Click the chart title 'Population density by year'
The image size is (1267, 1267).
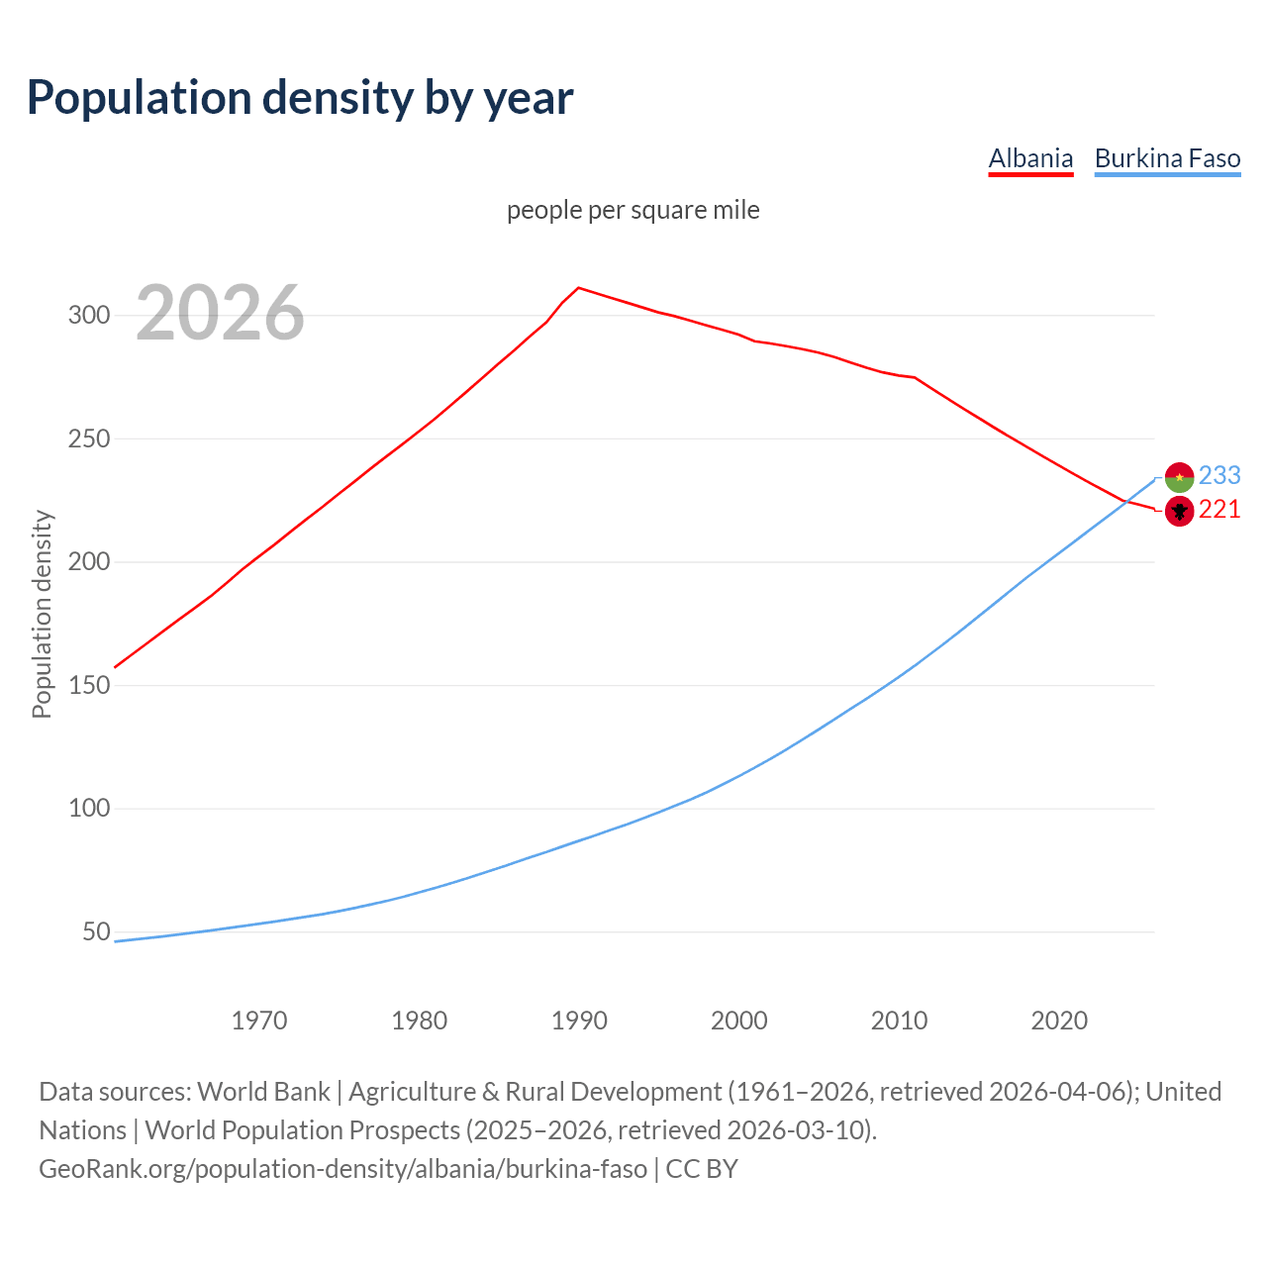click(x=300, y=97)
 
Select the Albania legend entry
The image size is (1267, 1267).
click(x=1030, y=158)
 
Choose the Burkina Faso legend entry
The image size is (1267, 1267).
click(x=1167, y=158)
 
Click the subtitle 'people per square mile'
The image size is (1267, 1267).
click(x=633, y=210)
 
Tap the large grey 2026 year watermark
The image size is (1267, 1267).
click(x=220, y=313)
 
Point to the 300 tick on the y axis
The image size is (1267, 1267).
click(x=88, y=316)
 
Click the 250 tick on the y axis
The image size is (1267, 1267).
click(x=88, y=439)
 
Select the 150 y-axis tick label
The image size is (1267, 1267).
click(x=88, y=685)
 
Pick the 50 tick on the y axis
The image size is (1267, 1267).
click(x=96, y=931)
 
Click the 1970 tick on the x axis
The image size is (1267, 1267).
click(x=259, y=1020)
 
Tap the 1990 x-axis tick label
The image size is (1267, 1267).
click(x=579, y=1020)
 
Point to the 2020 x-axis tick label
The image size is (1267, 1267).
click(x=1059, y=1020)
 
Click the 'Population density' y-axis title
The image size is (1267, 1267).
click(x=42, y=614)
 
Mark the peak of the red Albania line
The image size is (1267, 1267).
click(x=579, y=288)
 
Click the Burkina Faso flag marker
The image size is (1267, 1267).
click(x=1179, y=477)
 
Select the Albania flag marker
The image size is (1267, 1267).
click(x=1179, y=511)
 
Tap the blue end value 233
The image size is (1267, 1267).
click(x=1219, y=476)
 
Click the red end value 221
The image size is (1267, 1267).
click(x=1219, y=510)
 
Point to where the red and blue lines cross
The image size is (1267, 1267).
click(x=1126, y=501)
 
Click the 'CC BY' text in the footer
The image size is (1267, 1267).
click(x=702, y=1169)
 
